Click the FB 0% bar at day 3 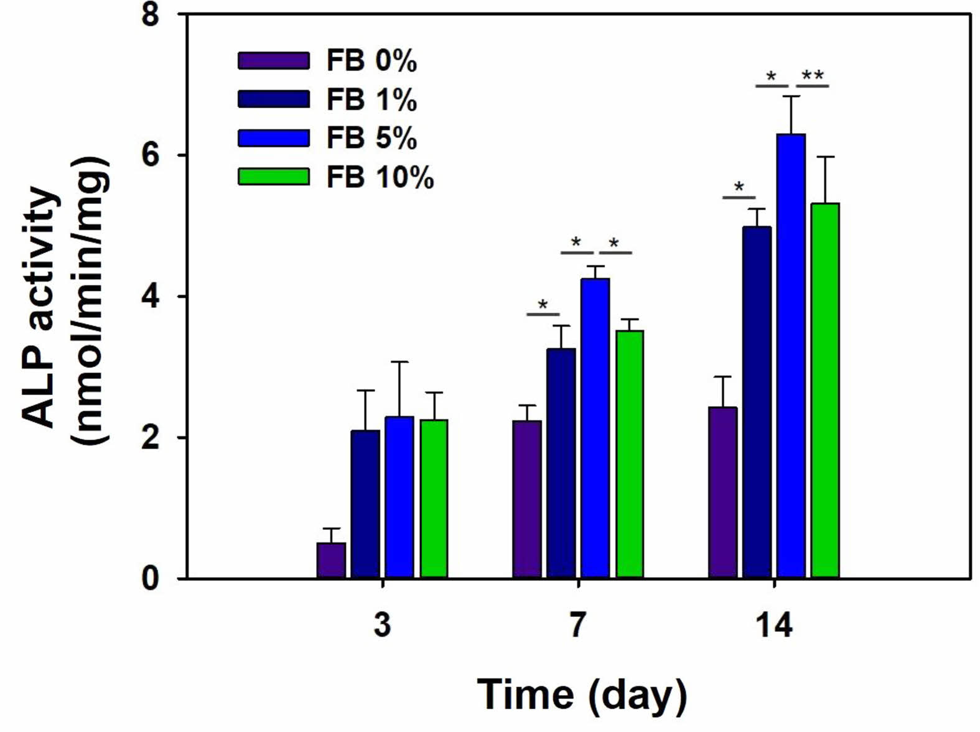(331, 560)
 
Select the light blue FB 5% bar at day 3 (399, 498)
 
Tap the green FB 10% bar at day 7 (630, 455)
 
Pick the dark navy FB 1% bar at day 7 (561, 463)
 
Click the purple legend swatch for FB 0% (273, 61)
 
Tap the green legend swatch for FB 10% (273, 177)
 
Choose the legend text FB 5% (371, 138)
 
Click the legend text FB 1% (371, 100)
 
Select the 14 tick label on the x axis (774, 625)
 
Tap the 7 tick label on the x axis (578, 625)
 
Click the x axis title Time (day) (582, 694)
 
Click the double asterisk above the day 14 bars (813, 76)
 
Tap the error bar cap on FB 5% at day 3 (399, 361)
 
